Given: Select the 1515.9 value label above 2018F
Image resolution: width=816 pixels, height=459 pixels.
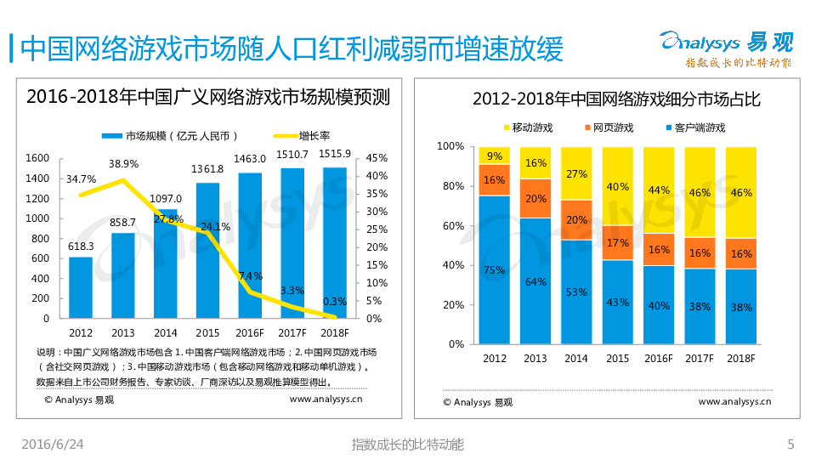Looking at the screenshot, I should pyautogui.click(x=336, y=154).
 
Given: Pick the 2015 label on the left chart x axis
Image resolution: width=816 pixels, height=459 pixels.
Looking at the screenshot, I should pyautogui.click(x=208, y=332).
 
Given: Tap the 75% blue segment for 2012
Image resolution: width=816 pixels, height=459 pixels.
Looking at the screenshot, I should pyautogui.click(x=494, y=269).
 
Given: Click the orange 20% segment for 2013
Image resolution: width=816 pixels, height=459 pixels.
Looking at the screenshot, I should pyautogui.click(x=535, y=199).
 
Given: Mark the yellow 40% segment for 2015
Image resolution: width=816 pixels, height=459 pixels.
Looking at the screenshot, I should pyautogui.click(x=618, y=186).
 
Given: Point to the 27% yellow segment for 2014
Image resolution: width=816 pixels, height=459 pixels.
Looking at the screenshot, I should pyautogui.click(x=577, y=173).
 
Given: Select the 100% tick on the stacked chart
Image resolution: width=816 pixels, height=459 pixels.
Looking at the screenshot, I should pyautogui.click(x=450, y=146).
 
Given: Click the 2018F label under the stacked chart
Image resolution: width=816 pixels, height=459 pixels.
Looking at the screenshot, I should pyautogui.click(x=741, y=359).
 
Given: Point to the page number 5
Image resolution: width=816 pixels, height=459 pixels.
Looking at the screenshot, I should pyautogui.click(x=790, y=445).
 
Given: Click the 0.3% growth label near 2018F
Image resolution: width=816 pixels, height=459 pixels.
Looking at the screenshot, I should pyautogui.click(x=335, y=301).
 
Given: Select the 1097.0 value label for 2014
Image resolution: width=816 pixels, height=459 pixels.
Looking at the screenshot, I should pyautogui.click(x=166, y=199).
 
